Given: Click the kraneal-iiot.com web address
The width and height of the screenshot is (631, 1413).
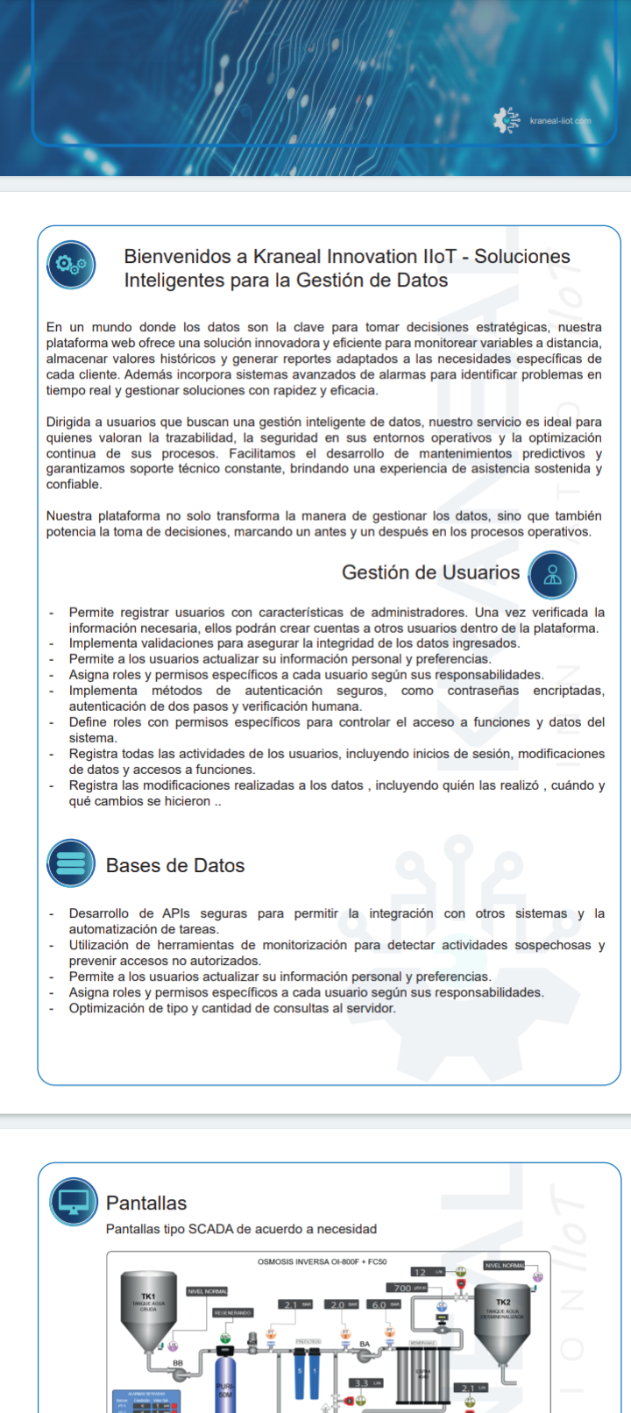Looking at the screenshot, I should click(560, 121).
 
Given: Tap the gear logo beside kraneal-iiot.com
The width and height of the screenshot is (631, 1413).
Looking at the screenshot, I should click(506, 120).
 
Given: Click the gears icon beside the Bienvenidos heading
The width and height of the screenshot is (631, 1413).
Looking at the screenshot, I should click(71, 265).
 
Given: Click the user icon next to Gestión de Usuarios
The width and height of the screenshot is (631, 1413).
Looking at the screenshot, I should click(552, 575).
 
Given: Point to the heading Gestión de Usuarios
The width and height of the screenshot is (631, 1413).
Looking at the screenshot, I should click(430, 573).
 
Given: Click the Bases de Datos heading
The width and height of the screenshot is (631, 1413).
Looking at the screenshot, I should click(175, 866).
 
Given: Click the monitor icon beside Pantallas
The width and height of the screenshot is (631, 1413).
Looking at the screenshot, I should click(74, 1201).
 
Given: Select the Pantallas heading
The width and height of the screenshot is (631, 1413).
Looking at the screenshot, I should click(146, 1204).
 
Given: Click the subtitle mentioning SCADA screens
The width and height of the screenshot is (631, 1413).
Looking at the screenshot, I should click(241, 1229).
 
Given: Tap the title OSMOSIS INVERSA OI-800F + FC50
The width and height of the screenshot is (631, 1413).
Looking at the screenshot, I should click(322, 1262).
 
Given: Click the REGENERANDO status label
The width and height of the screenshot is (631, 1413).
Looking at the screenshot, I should click(233, 1313).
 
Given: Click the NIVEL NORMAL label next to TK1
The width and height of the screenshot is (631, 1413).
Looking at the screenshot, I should click(208, 1291).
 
